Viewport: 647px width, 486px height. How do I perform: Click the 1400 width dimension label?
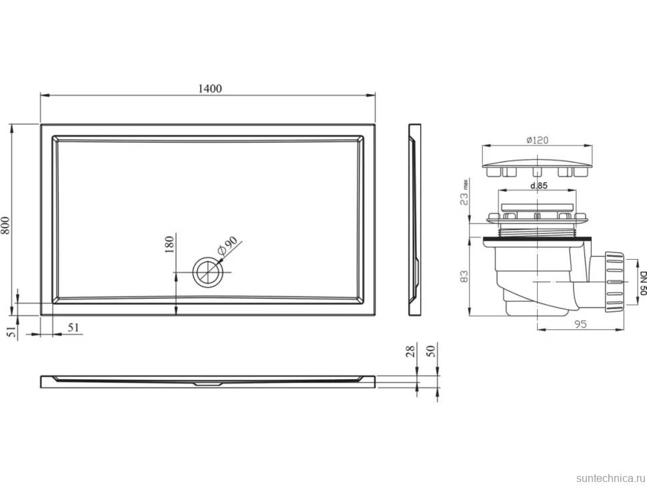(210, 88)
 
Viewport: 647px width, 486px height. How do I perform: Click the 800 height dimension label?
(5, 226)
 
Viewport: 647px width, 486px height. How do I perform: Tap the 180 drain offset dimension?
(169, 244)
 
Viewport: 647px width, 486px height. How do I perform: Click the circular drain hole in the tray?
(208, 272)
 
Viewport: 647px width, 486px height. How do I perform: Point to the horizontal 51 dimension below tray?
(73, 328)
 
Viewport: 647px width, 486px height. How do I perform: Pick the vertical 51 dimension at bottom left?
(13, 330)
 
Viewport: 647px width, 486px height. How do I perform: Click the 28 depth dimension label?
(410, 351)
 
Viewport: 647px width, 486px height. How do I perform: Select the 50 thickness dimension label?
(430, 351)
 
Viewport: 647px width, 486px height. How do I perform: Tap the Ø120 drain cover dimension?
(537, 140)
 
